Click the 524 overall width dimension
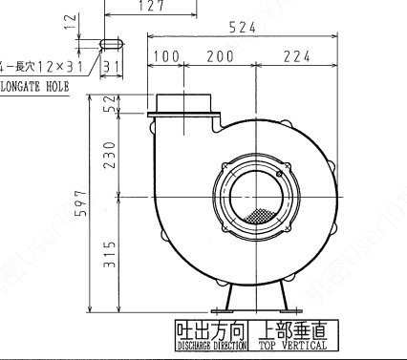pyautogui.click(x=242, y=29)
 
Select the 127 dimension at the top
pyautogui.click(x=150, y=7)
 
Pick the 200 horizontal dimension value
pyautogui.click(x=221, y=57)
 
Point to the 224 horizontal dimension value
pyautogui.click(x=296, y=57)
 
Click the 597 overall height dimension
pyautogui.click(x=83, y=202)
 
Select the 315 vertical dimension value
pyautogui.click(x=111, y=255)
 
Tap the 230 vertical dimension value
pyautogui.click(x=111, y=153)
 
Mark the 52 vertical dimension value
pyautogui.click(x=111, y=105)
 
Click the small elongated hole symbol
pyautogui.click(x=110, y=43)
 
